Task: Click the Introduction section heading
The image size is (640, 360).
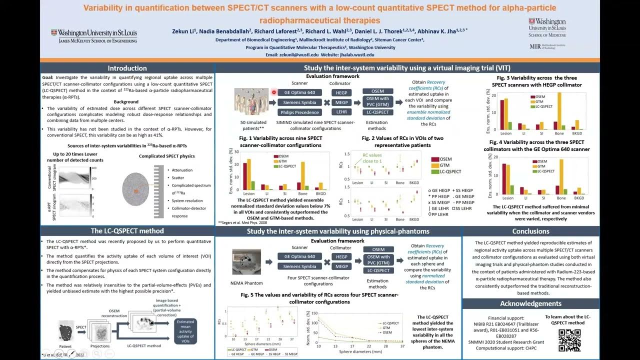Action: point(127,68)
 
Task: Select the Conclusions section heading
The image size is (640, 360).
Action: point(530,231)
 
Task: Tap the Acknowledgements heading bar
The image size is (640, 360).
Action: point(530,303)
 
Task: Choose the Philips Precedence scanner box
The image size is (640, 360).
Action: point(299,112)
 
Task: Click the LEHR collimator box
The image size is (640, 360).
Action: point(341,112)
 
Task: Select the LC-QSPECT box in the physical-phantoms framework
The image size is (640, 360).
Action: point(378,270)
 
